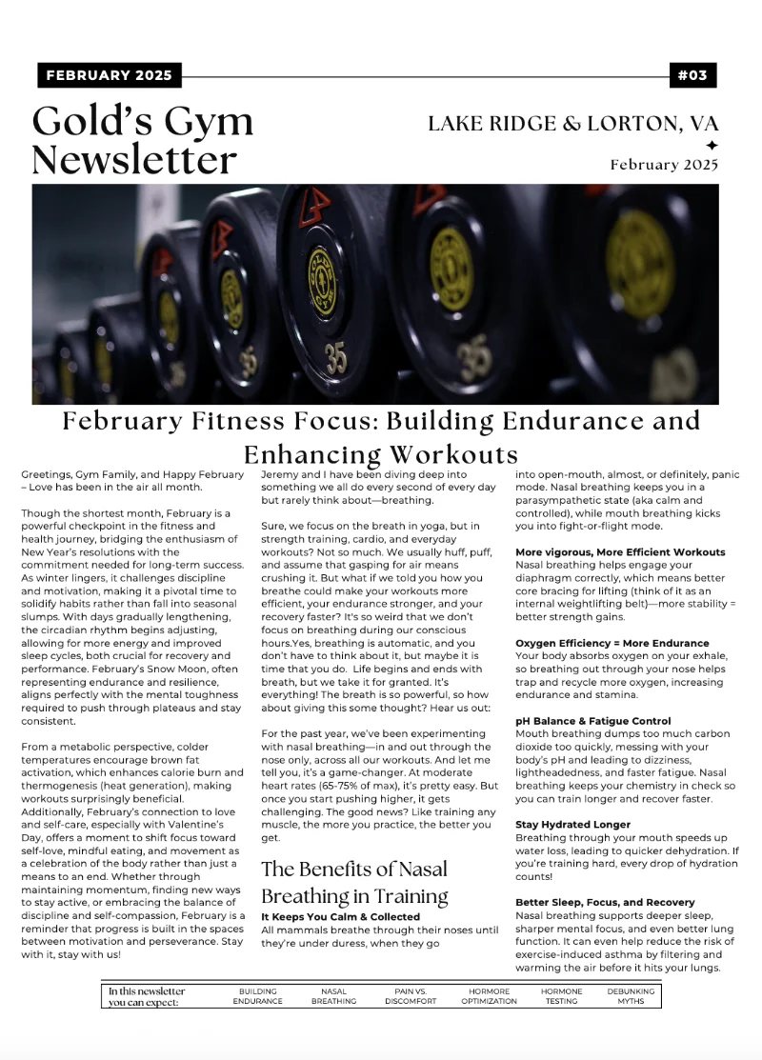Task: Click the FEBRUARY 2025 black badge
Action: point(109,75)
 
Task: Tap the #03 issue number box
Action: point(692,75)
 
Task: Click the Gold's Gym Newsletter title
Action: point(143,140)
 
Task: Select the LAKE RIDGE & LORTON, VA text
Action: point(572,124)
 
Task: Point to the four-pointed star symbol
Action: point(711,145)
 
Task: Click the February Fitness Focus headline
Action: point(381,436)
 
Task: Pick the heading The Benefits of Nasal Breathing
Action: point(354,882)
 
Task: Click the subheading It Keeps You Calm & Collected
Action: point(340,917)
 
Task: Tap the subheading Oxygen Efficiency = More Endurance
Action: point(612,643)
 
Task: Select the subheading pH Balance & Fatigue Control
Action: point(592,721)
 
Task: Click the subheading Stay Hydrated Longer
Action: point(572,824)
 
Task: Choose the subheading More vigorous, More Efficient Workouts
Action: point(620,552)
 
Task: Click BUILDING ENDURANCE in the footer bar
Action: point(257,996)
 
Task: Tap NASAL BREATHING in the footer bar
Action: point(333,996)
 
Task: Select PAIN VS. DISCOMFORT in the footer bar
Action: point(411,996)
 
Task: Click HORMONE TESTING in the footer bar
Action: point(561,996)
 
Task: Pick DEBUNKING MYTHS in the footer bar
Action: point(631,996)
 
